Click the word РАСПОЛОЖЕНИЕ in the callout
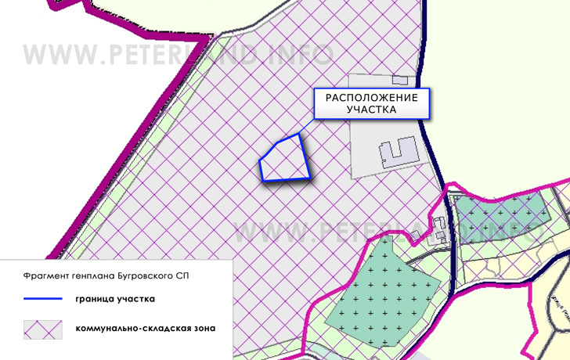372,98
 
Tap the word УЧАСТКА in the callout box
372,110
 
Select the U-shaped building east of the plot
399,150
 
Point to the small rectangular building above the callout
400,80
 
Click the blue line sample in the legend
42,298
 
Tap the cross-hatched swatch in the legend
42,328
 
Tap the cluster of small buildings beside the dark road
441,235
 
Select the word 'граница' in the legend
96,298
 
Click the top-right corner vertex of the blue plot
298,135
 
